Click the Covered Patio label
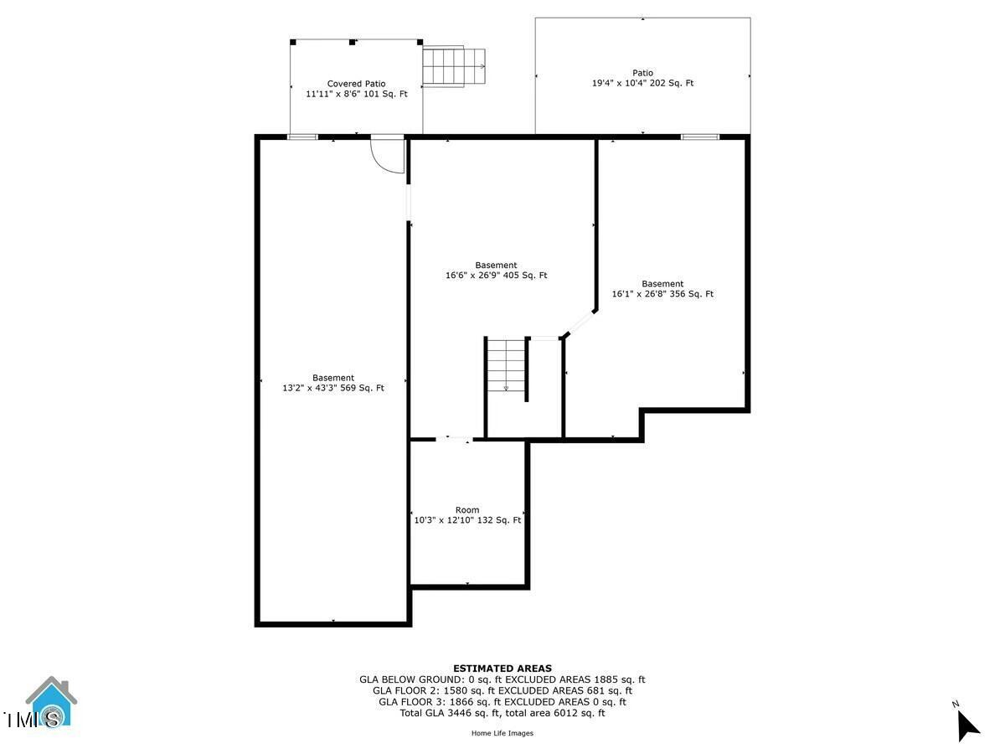[357, 84]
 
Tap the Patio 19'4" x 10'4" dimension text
[642, 83]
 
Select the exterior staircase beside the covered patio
[454, 66]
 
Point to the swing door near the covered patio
[388, 155]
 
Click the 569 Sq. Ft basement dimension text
[333, 388]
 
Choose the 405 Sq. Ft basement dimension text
[496, 275]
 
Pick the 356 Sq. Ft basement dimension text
[662, 294]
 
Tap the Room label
[467, 510]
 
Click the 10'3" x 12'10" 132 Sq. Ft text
[467, 520]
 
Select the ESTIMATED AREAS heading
[502, 669]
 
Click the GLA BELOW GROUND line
[502, 679]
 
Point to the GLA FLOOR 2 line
[502, 690]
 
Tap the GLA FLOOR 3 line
[502, 702]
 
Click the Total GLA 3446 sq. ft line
[502, 713]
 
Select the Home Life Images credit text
[502, 733]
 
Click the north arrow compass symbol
[967, 724]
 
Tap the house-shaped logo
[51, 702]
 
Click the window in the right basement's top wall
[699, 137]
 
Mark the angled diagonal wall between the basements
[580, 323]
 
